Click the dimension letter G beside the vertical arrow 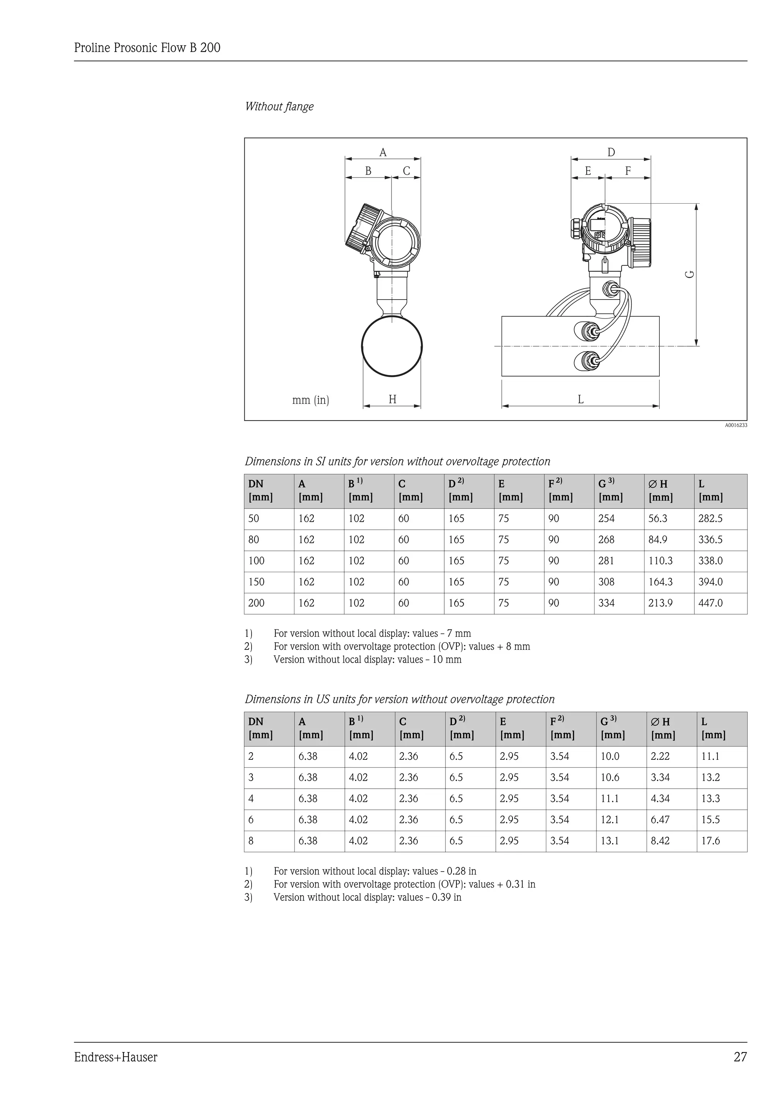[x=689, y=274]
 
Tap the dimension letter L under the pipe [x=580, y=399]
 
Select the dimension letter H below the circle [x=392, y=399]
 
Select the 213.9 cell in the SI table [x=660, y=603]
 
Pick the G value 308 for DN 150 [x=606, y=582]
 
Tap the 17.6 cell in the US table [x=711, y=841]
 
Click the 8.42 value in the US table [x=660, y=841]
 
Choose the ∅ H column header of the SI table [x=658, y=484]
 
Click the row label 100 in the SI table [x=256, y=561]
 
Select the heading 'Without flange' [x=279, y=106]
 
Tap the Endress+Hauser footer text [x=116, y=1057]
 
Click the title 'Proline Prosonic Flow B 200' [x=147, y=48]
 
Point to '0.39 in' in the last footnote [x=447, y=897]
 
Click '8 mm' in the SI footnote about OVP [x=519, y=646]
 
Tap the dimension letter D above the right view [x=611, y=152]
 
